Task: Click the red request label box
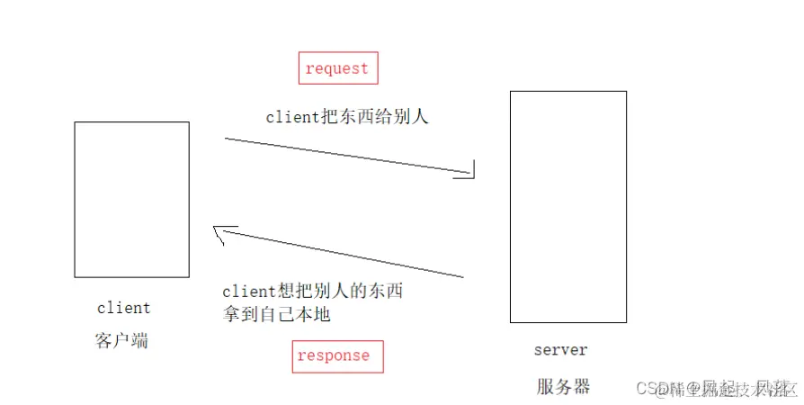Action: click(x=338, y=68)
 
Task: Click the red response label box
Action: click(x=337, y=355)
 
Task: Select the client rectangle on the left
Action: click(x=131, y=199)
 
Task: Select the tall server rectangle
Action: click(x=567, y=206)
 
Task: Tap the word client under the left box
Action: click(x=124, y=309)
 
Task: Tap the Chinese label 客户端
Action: click(x=121, y=341)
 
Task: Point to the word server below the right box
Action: click(x=560, y=350)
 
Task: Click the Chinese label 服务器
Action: click(x=564, y=387)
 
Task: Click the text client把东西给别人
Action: click(x=347, y=117)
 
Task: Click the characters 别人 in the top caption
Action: click(x=411, y=117)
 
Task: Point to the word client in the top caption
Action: click(x=292, y=118)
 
